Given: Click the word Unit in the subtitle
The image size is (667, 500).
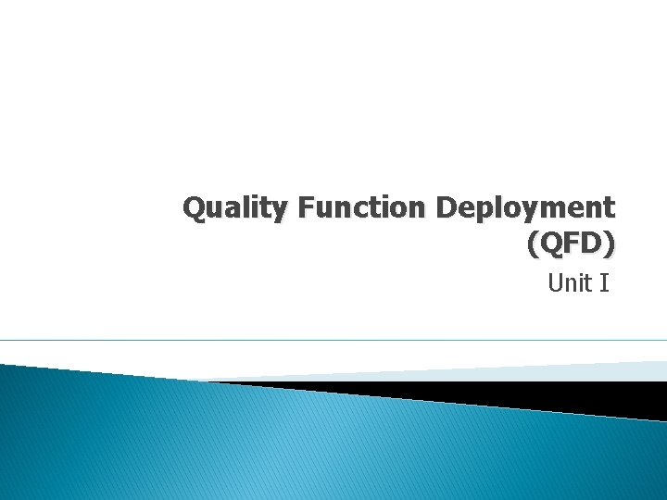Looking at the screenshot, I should pyautogui.click(x=569, y=283).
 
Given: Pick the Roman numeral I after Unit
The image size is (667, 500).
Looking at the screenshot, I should pyautogui.click(x=604, y=283).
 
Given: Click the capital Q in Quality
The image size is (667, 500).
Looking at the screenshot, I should pyautogui.click(x=193, y=207).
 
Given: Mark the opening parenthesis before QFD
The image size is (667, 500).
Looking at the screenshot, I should pyautogui.click(x=531, y=244).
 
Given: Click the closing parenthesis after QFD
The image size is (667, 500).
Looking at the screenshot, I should pyautogui.click(x=608, y=244).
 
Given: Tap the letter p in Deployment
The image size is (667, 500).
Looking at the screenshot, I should pyautogui.click(x=485, y=211).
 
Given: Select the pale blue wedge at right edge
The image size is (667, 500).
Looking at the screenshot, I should pyautogui.click(x=639, y=370).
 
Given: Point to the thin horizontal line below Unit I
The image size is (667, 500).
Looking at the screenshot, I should pyautogui.click(x=333, y=341).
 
